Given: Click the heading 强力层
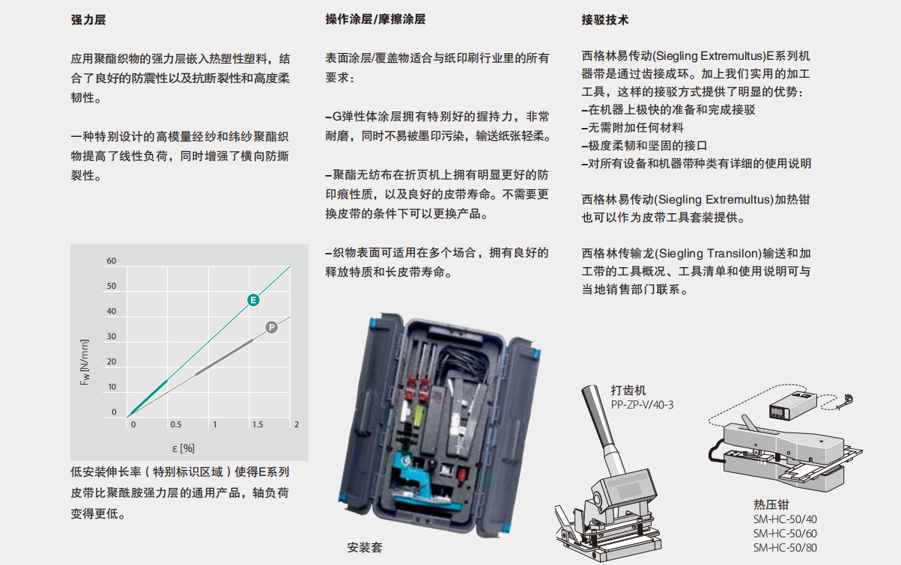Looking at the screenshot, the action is point(88,19).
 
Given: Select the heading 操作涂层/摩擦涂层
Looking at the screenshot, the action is point(375,19).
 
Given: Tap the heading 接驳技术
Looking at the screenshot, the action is point(604,19).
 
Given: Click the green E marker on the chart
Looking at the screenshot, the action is point(253,300).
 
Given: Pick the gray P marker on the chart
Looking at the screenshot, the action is point(272,328).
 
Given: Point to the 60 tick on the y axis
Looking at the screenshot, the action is point(112,261).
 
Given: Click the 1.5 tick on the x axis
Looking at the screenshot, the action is point(258,424).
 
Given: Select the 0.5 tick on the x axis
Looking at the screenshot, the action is point(176,424).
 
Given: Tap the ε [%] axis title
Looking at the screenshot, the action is point(183,448).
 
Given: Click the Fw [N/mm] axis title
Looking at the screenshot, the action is point(85,362).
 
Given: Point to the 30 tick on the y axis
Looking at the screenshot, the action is point(112,336).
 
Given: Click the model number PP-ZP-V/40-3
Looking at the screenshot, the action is point(642,405).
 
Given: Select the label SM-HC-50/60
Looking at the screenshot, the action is point(785,534).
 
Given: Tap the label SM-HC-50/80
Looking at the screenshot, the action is point(785,547).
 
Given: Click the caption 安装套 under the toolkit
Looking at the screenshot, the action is point(365,547).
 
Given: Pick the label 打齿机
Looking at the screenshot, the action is point(628,390).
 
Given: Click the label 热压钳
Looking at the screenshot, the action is point(771,504).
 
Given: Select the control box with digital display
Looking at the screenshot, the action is point(792,405).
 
